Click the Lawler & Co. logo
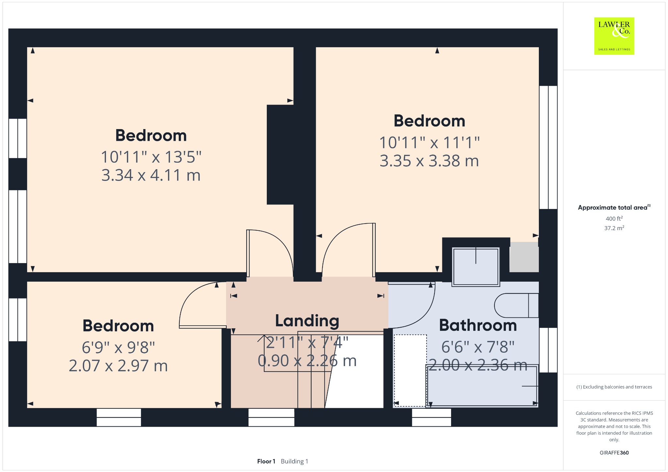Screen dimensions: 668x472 click(x=614, y=36)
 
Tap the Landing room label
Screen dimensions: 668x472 click(x=307, y=321)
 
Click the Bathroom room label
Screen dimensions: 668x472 click(x=478, y=325)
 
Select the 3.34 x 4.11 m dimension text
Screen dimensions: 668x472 click(x=151, y=175)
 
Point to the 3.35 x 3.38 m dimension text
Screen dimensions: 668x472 click(x=429, y=161)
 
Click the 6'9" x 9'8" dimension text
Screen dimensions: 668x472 click(x=118, y=347)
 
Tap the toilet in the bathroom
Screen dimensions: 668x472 click(x=516, y=305)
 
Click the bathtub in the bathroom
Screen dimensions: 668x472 click(x=482, y=386)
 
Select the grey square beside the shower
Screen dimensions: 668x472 click(x=524, y=257)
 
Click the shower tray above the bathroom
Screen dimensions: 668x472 click(x=476, y=267)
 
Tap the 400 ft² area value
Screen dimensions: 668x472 click(x=614, y=218)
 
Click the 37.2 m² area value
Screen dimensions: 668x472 click(x=614, y=228)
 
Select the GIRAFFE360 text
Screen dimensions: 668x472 click(x=614, y=452)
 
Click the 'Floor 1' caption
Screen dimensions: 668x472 click(x=266, y=461)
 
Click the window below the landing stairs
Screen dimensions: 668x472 click(x=271, y=417)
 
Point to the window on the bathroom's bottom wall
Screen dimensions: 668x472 click(x=432, y=417)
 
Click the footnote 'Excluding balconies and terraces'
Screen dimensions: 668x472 click(x=614, y=387)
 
